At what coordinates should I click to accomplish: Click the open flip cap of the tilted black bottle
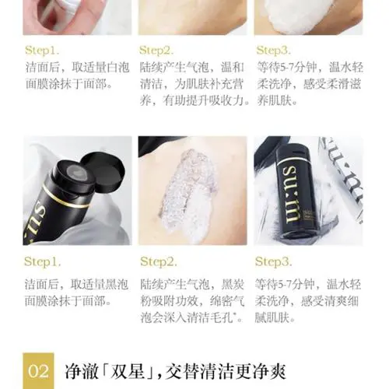coord(103,164)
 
